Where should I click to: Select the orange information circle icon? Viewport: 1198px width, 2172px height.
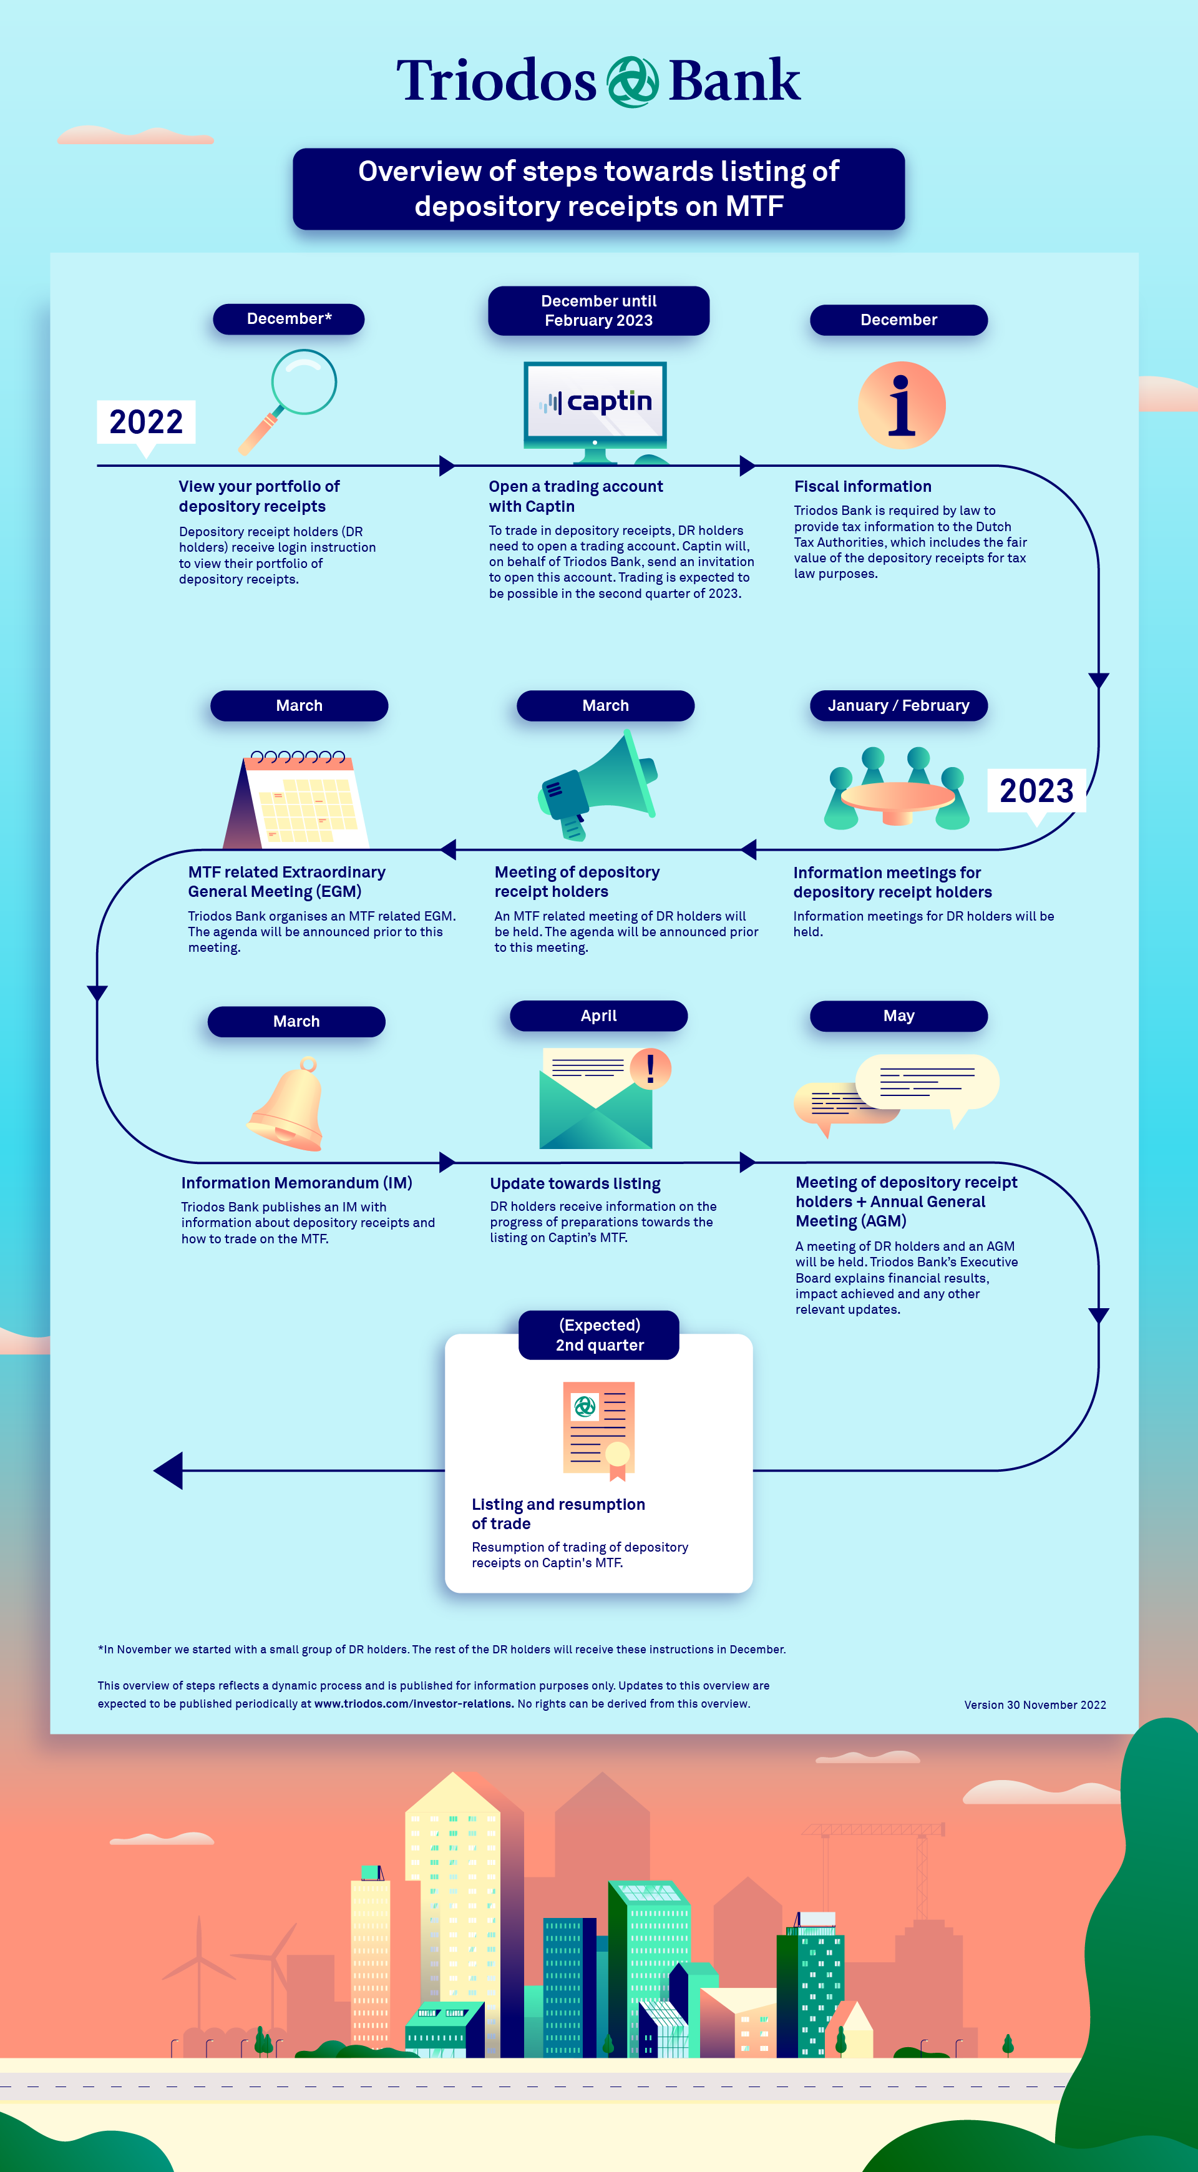pyautogui.click(x=901, y=406)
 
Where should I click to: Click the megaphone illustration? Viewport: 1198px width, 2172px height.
pyautogui.click(x=597, y=785)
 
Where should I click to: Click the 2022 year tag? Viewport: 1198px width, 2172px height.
pyautogui.click(x=146, y=421)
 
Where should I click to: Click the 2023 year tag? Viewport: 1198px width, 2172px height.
pyautogui.click(x=1036, y=791)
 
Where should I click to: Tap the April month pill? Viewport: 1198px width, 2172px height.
pyautogui.click(x=598, y=1016)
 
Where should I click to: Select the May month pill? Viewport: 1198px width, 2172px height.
pyautogui.click(x=898, y=1016)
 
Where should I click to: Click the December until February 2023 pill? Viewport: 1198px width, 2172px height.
pyautogui.click(x=598, y=310)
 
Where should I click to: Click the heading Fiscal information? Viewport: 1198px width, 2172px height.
pyautogui.click(x=862, y=486)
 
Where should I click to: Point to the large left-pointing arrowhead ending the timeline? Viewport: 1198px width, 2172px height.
pyautogui.click(x=168, y=1470)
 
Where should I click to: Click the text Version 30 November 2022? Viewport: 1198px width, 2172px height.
pyautogui.click(x=1035, y=1705)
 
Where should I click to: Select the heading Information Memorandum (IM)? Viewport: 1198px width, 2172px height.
pyautogui.click(x=297, y=1183)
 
